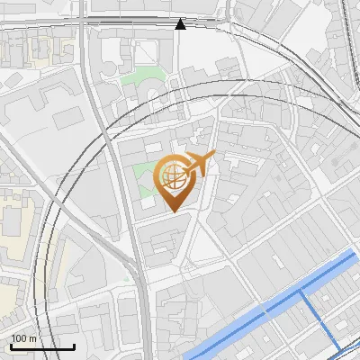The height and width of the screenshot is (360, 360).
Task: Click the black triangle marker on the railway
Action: click(x=180, y=24)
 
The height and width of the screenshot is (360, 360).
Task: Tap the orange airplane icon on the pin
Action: click(x=195, y=166)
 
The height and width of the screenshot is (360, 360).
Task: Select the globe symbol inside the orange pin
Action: click(x=173, y=176)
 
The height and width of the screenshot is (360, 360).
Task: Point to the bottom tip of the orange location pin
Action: click(x=173, y=212)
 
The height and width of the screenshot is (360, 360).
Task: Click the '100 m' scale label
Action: click(x=23, y=337)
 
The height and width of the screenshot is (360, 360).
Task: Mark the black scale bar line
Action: click(x=42, y=346)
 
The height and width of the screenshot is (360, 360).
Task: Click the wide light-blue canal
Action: click(x=270, y=306)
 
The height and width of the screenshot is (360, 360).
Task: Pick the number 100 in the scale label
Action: click(x=19, y=337)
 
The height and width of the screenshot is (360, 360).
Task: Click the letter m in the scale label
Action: click(x=33, y=337)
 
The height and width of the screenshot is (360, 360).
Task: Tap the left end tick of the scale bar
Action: click(x=10, y=345)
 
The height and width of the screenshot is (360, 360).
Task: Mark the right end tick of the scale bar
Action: click(x=75, y=345)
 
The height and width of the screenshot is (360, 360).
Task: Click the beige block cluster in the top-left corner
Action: click(x=36, y=49)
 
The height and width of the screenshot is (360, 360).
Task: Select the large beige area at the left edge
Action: click(x=16, y=229)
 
